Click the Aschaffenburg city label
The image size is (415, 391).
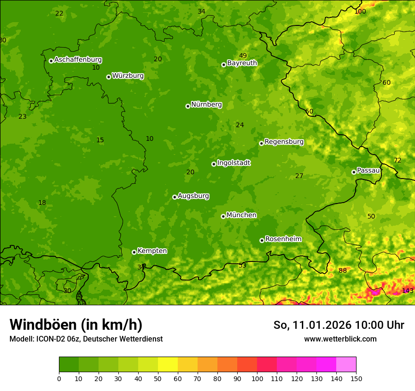tap(78, 60)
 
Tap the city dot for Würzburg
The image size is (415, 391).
tap(108, 77)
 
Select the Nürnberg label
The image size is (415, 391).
tap(206, 105)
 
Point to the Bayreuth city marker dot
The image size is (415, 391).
tap(224, 65)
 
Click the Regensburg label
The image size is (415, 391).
tap(284, 142)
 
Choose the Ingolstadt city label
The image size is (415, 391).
tap(233, 163)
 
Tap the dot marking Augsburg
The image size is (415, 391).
tap(174, 197)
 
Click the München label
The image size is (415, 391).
tap(241, 215)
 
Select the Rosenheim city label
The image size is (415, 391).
tap(283, 239)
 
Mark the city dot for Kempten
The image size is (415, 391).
tap(134, 252)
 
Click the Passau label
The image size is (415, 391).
tap(368, 171)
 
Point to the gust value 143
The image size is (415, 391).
tap(407, 291)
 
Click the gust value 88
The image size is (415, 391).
tap(342, 270)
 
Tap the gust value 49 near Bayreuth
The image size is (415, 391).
tap(243, 56)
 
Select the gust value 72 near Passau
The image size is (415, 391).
tap(397, 161)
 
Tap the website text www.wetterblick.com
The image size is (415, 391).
tap(340, 339)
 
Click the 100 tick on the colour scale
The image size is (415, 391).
tap(257, 378)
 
